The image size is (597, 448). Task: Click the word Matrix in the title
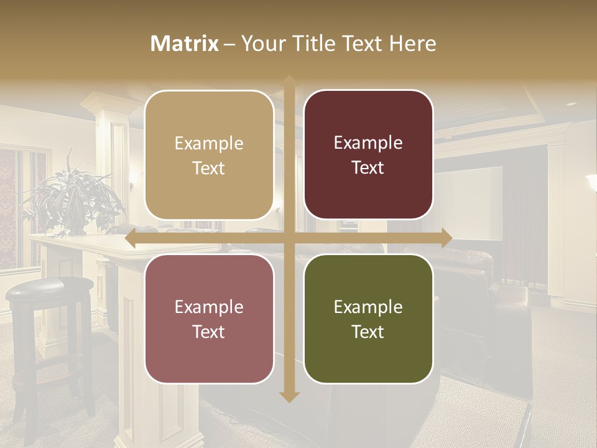tap(184, 44)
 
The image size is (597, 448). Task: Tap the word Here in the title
tap(412, 44)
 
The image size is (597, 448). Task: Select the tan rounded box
tap(209, 155)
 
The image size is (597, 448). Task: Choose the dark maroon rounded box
tap(368, 155)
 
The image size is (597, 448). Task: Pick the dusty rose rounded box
tap(209, 319)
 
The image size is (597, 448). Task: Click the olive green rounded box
tap(368, 319)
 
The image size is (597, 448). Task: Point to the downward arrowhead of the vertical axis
tap(289, 396)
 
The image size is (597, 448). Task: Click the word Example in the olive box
tap(368, 307)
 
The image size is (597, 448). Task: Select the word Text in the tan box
tap(209, 168)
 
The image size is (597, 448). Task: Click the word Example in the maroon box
tap(368, 143)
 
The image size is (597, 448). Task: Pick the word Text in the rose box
tap(209, 332)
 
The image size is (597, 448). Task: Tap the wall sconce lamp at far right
tap(591, 182)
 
